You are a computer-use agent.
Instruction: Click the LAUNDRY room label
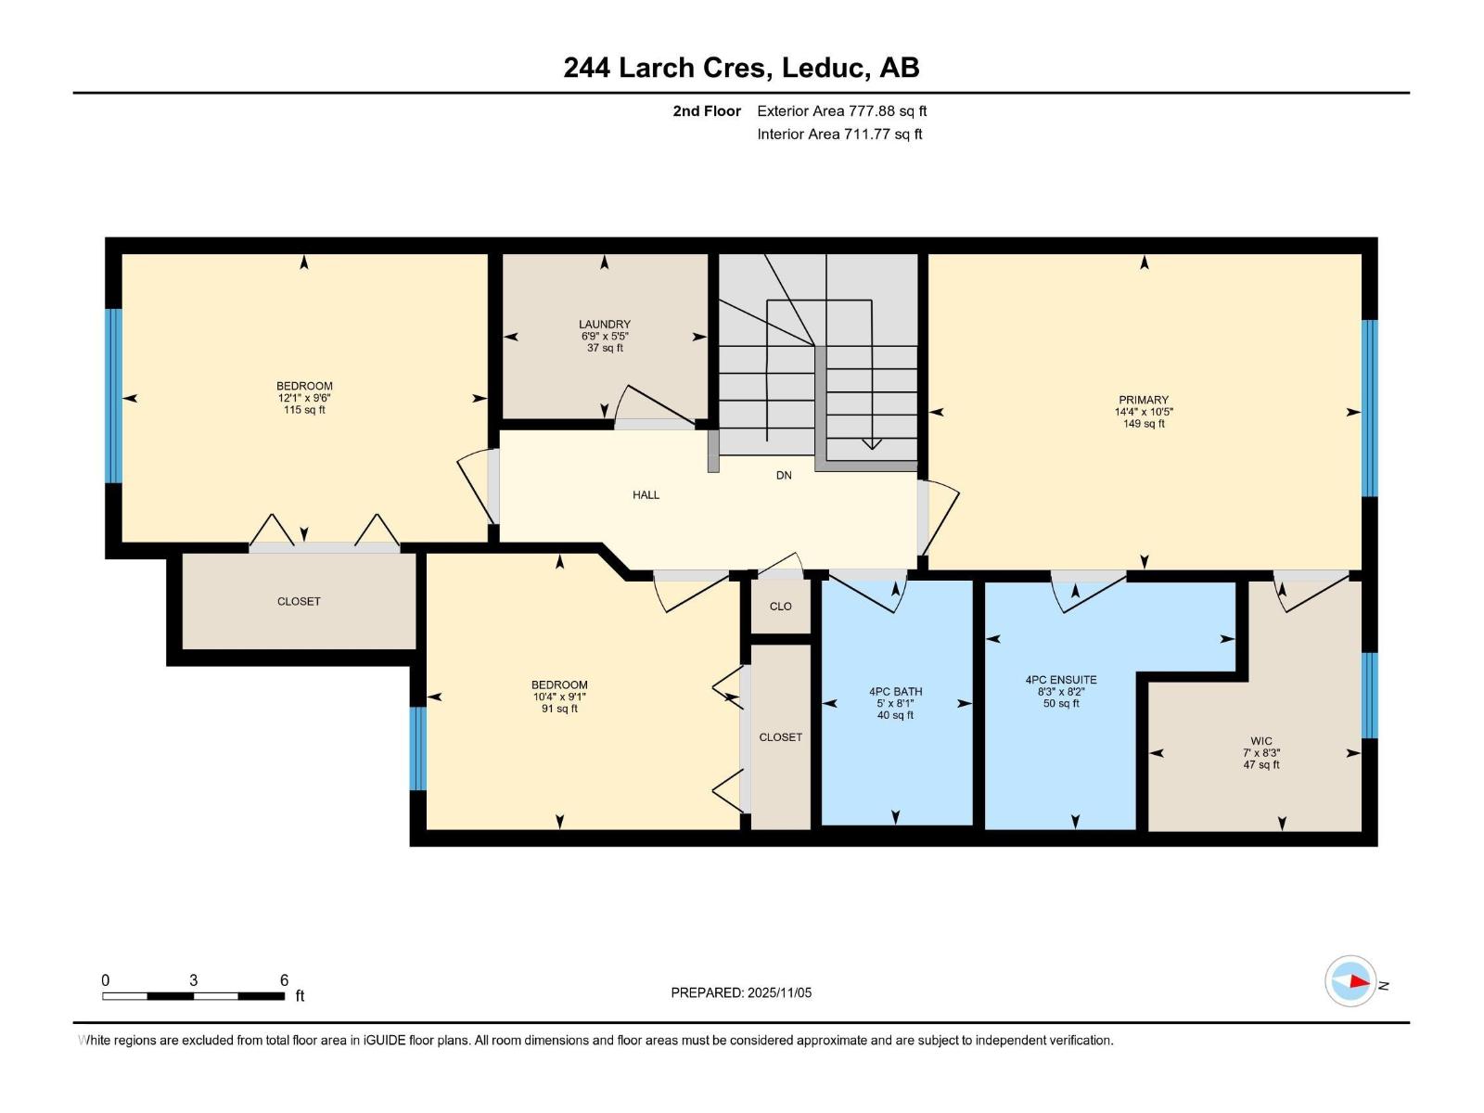pos(605,325)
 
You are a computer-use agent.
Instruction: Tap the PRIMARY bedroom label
pos(1144,400)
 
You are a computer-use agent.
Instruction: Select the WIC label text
pos(1260,741)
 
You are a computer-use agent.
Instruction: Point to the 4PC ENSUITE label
pos(1061,680)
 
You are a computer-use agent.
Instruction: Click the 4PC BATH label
pos(895,691)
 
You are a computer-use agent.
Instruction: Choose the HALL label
pos(646,495)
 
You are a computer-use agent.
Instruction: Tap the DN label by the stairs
pos(784,476)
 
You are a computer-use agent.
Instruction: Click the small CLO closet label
pos(780,607)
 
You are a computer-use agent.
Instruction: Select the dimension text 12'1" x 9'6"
pos(304,399)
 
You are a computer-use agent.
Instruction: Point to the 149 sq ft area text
pos(1144,424)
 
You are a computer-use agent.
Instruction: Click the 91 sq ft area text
pos(559,709)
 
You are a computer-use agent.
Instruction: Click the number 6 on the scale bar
pos(284,979)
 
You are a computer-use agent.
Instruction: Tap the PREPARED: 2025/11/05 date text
pos(741,992)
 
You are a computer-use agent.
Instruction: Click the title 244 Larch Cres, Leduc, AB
pos(741,68)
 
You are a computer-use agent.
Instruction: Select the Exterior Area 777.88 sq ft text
pos(842,110)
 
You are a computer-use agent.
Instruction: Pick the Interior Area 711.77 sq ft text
pos(839,134)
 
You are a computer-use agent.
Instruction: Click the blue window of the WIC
pos(1369,696)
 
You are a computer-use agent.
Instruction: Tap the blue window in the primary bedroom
pos(1369,408)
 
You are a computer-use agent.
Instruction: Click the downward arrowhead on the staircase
pos(872,444)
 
